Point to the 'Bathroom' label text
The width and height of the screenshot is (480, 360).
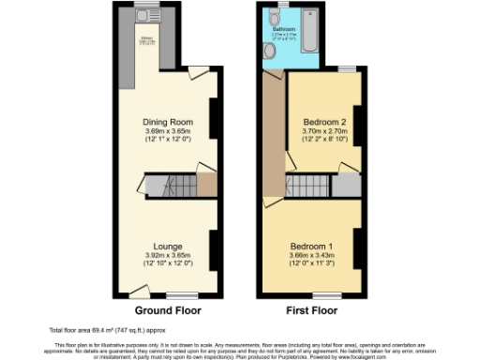[284, 30]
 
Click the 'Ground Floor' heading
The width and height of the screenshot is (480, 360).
[168, 309]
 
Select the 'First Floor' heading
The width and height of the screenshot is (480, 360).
[309, 309]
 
